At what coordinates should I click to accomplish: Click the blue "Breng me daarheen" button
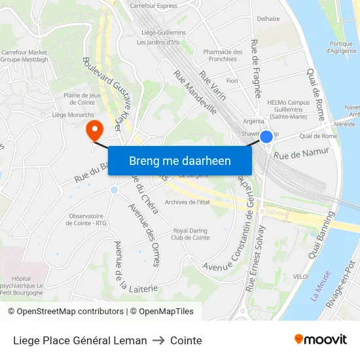pos(180,160)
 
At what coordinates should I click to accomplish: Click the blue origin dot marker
pos(266,137)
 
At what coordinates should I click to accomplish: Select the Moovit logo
pos(321,340)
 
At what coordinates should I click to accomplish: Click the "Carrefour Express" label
pos(153,6)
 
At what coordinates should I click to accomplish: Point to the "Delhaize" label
pos(268,19)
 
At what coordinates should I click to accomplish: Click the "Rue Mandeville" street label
pos(195,92)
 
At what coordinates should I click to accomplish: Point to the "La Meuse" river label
pos(321,287)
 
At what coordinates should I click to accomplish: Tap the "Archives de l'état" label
pos(187,202)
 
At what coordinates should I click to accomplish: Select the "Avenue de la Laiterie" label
pos(128,268)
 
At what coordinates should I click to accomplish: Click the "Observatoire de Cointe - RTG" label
pos(87,219)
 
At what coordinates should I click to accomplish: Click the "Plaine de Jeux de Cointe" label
pos(81,98)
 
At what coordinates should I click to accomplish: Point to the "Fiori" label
pos(232,81)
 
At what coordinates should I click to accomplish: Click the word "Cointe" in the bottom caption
pos(186,340)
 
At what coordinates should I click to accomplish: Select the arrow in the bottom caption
pos(158,340)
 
